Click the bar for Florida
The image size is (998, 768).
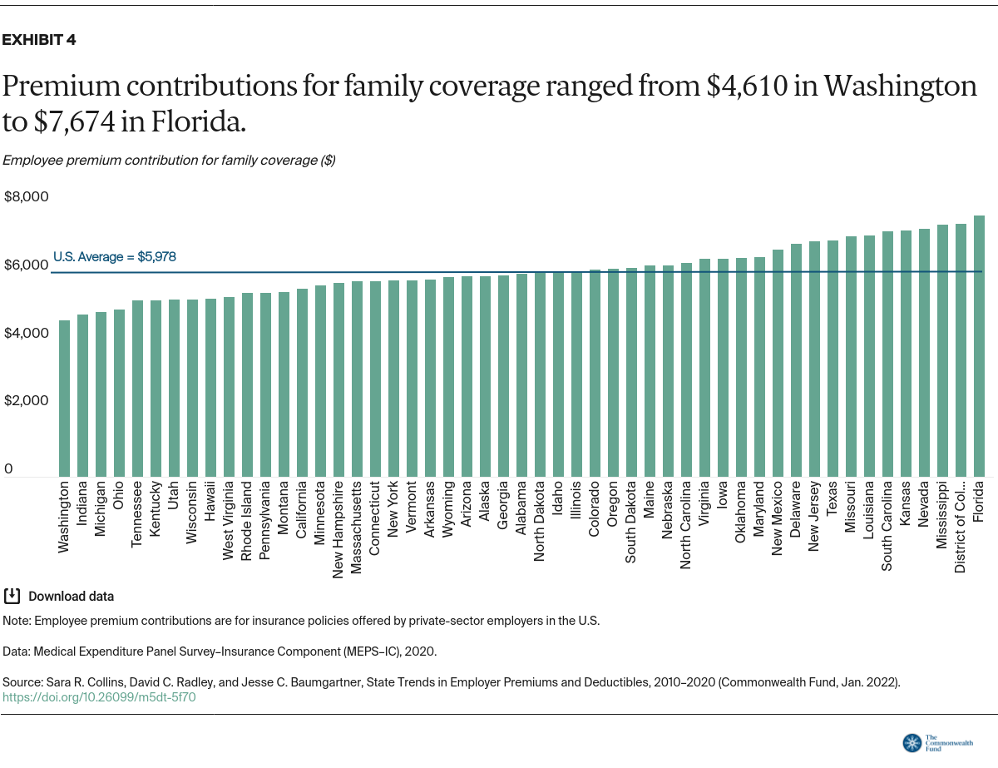979,346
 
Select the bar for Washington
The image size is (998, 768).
64,399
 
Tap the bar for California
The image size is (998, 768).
302,383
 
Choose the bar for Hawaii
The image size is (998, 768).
210,388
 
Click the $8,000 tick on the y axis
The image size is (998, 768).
27,197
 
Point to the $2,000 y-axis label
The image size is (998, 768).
27,401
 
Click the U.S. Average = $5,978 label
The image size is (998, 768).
115,257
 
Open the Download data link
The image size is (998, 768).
71,597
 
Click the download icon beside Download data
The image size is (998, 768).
12,596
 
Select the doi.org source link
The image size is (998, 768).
99,697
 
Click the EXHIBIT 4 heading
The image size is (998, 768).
40,40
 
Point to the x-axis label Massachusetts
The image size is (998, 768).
357,528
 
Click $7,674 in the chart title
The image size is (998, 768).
77,122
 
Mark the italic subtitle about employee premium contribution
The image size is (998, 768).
169,160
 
